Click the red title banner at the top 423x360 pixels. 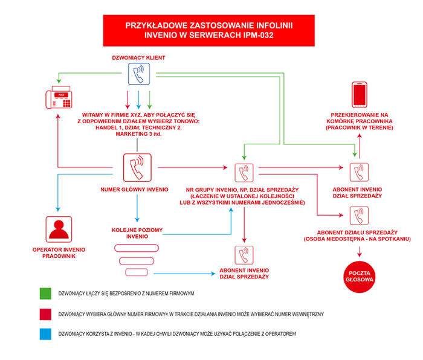209,30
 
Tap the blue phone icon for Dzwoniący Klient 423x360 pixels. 139,74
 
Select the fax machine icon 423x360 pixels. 59,97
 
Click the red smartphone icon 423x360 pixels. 360,95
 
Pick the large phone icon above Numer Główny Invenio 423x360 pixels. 137,167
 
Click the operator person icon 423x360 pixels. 59,229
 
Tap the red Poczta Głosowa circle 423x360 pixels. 360,277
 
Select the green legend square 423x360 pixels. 45,294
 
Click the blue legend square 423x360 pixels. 45,334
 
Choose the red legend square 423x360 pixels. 45,314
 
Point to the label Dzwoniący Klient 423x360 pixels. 138,58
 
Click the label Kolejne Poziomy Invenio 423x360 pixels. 137,233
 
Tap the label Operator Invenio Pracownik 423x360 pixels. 59,253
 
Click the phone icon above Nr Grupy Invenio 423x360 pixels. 244,173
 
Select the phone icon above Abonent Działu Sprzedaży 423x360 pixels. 359,216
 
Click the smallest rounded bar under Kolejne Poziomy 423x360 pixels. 137,272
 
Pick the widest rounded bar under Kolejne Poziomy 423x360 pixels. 137,248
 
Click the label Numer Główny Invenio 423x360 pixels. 134,190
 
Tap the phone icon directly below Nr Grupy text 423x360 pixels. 244,255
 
